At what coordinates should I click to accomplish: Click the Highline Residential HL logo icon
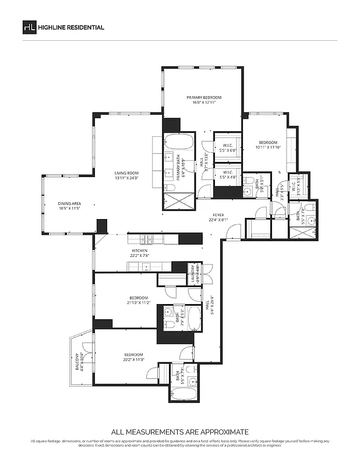pyautogui.click(x=29, y=27)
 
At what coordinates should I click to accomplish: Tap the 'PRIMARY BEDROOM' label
pyautogui.click(x=204, y=97)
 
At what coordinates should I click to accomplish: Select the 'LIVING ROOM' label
pyautogui.click(x=126, y=172)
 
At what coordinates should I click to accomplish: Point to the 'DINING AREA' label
pyautogui.click(x=69, y=203)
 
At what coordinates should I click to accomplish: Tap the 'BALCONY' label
pyautogui.click(x=76, y=361)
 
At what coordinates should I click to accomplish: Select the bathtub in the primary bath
pyautogui.click(x=174, y=143)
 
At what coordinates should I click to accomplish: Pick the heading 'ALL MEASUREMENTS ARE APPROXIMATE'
pyautogui.click(x=179, y=432)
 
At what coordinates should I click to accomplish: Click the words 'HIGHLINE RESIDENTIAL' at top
pyautogui.click(x=71, y=27)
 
